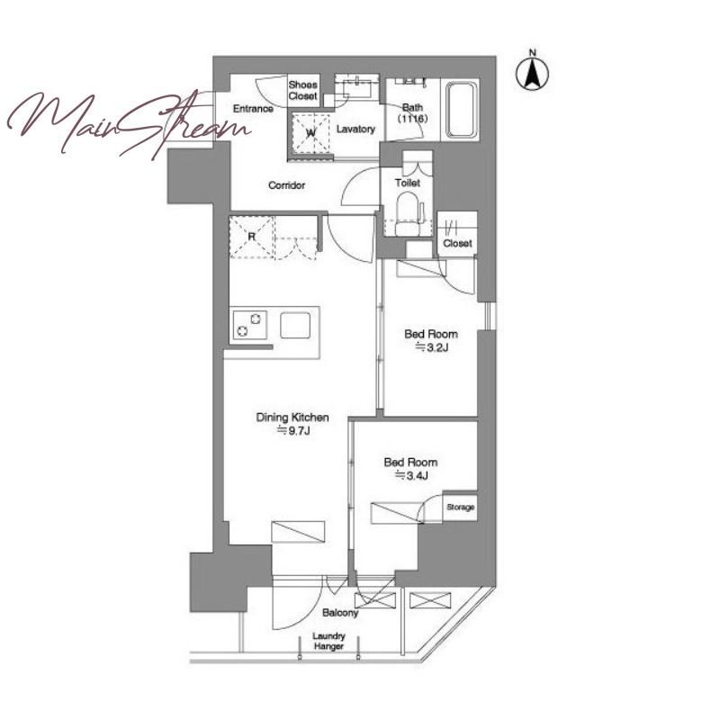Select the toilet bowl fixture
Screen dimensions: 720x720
[x=407, y=213]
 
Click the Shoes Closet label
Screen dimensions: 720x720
[x=303, y=91]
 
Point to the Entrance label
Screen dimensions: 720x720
[x=253, y=109]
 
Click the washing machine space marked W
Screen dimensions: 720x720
[x=310, y=132]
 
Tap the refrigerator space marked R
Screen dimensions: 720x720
[x=252, y=237]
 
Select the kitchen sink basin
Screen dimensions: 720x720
[x=295, y=326]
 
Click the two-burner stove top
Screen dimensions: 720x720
[x=249, y=325]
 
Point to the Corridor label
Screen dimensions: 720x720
[x=286, y=185]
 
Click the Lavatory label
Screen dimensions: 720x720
[x=355, y=129]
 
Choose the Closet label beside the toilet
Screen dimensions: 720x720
[x=457, y=243]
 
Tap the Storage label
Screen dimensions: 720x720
[x=460, y=508]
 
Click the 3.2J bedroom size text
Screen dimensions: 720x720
[x=431, y=347]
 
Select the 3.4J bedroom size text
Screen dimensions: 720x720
[x=411, y=476]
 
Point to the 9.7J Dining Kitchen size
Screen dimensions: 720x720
[x=293, y=431]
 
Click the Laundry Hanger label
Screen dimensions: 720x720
[x=328, y=641]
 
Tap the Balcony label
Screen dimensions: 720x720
[x=340, y=613]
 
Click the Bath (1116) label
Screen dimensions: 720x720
[x=412, y=113]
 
